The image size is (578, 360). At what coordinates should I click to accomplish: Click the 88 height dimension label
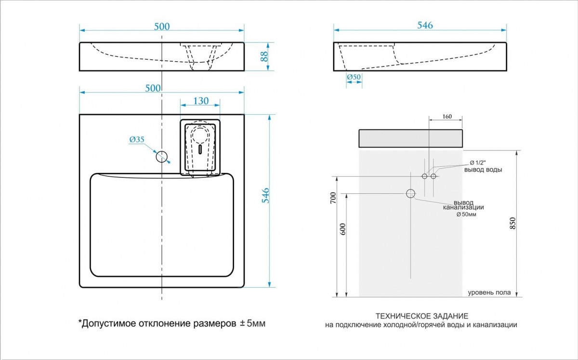(x=264, y=56)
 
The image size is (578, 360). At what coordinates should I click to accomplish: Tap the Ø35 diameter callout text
(x=137, y=140)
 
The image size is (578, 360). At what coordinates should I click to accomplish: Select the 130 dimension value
(x=201, y=101)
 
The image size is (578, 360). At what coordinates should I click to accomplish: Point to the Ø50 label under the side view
(x=354, y=77)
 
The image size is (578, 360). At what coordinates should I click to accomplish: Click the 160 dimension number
(x=447, y=116)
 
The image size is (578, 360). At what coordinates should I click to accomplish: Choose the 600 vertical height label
(x=343, y=229)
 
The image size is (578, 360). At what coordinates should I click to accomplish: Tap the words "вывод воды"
(x=483, y=170)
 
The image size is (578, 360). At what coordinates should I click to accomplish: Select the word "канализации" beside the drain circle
(x=463, y=207)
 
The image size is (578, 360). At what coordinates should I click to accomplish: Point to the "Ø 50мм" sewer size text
(x=466, y=214)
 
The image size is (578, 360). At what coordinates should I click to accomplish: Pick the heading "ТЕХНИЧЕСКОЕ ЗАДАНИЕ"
(x=421, y=316)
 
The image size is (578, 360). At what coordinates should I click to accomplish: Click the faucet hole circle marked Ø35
(x=162, y=156)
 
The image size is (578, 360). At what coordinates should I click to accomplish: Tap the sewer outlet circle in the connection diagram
(x=410, y=194)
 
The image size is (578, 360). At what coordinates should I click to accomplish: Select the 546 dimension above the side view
(x=425, y=26)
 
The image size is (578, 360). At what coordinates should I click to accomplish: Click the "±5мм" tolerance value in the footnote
(x=252, y=323)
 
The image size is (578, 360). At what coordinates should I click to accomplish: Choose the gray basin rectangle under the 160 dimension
(x=410, y=138)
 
